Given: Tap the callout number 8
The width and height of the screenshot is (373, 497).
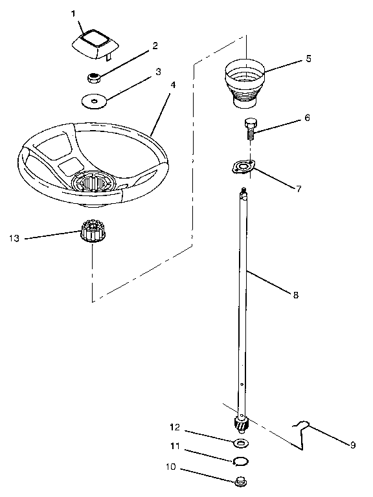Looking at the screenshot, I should (295, 294).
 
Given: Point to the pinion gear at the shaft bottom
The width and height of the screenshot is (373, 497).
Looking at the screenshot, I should (241, 426).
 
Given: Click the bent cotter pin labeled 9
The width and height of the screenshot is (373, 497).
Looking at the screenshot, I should (301, 435).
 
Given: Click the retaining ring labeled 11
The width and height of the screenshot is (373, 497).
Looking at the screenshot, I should (241, 461).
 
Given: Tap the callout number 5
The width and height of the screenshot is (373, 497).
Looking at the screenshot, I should (308, 58).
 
